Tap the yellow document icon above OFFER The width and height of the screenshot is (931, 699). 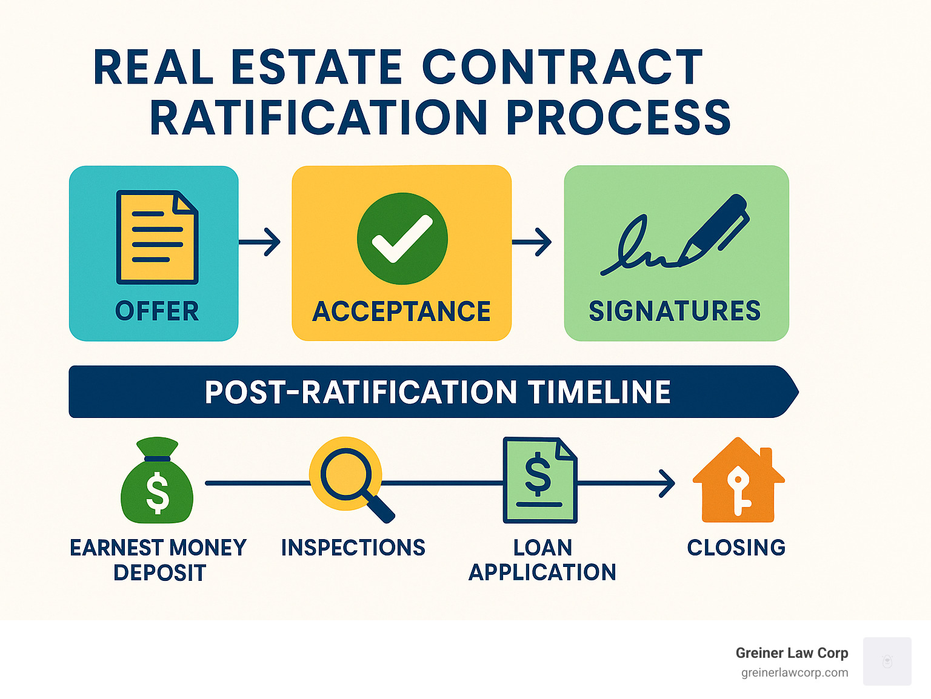(x=157, y=237)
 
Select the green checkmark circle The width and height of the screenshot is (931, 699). (x=402, y=238)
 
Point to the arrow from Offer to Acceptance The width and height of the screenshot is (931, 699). (x=260, y=242)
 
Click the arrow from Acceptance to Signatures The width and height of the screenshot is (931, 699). (x=532, y=242)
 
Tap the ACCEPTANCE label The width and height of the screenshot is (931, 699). (x=401, y=312)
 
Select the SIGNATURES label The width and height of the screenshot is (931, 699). (x=675, y=311)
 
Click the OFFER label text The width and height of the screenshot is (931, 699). (x=157, y=311)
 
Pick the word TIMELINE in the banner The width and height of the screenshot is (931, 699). (x=599, y=392)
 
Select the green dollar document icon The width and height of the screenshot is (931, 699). (x=539, y=480)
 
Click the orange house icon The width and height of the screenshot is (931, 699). (x=738, y=481)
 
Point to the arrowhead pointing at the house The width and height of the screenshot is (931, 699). (x=668, y=483)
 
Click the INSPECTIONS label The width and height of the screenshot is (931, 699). (x=353, y=548)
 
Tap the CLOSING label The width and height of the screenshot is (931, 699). (x=736, y=548)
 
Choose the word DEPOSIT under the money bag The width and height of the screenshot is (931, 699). (x=160, y=573)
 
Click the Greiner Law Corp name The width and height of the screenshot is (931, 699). (x=792, y=653)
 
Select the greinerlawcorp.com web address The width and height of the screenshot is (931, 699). (x=795, y=672)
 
